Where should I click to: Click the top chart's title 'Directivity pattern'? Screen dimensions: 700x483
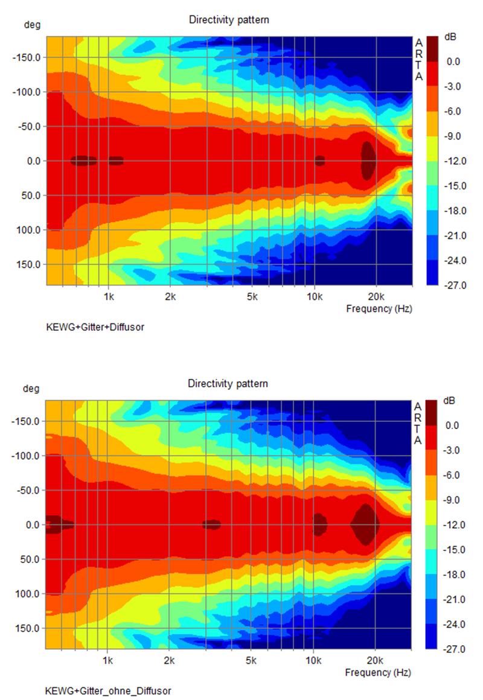point(229,20)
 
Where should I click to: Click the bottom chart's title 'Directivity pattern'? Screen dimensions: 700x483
point(228,384)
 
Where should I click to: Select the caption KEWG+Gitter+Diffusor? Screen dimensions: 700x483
point(95,327)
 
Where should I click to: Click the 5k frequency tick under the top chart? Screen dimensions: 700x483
point(252,297)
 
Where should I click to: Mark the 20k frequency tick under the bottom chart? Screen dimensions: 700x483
point(375,660)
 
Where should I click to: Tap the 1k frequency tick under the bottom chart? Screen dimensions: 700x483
point(109,660)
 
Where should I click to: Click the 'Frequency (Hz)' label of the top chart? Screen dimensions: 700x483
point(379,309)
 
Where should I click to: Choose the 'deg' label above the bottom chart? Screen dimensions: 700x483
point(30,389)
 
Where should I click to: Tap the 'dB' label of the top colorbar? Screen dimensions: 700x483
point(450,37)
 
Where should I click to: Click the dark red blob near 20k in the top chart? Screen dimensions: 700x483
point(368,161)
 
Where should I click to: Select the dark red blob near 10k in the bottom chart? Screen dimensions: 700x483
point(319,524)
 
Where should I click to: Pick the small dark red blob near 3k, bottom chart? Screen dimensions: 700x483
point(211,524)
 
